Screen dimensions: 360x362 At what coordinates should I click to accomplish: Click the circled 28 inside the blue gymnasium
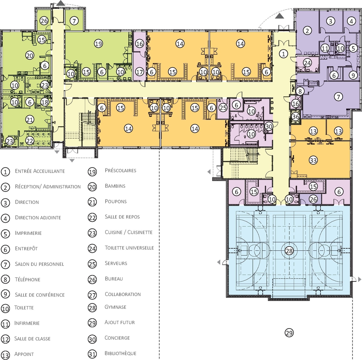[289, 251]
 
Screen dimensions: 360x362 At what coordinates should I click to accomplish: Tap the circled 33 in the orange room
[313, 160]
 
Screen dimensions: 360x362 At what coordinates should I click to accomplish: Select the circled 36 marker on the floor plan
[296, 117]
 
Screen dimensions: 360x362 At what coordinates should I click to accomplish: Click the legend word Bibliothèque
[120, 353]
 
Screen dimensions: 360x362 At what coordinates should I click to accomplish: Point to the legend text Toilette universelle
[129, 248]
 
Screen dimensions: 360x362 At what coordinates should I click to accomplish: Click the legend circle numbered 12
[5, 339]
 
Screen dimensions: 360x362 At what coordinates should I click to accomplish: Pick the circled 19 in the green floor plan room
[98, 44]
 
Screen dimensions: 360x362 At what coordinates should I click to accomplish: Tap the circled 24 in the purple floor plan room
[307, 63]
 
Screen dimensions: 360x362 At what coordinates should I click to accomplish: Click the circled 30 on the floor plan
[269, 127]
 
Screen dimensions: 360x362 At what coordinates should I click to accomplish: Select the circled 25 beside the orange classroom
[223, 108]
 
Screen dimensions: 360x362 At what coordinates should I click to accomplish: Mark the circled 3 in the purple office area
[330, 21]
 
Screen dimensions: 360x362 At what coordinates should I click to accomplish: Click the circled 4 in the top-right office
[351, 21]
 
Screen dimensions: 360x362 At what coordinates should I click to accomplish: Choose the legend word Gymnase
[115, 307]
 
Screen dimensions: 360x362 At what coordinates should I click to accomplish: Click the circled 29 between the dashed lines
[289, 333]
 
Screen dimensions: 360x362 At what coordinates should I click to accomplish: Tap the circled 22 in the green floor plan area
[30, 141]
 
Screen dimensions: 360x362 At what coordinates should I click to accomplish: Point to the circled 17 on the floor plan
[139, 72]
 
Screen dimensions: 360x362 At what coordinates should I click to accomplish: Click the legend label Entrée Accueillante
[40, 171]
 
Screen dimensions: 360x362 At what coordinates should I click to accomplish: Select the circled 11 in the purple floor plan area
[325, 48]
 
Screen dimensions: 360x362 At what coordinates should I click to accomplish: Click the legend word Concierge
[117, 338]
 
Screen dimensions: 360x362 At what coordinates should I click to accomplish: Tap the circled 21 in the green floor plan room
[30, 120]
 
